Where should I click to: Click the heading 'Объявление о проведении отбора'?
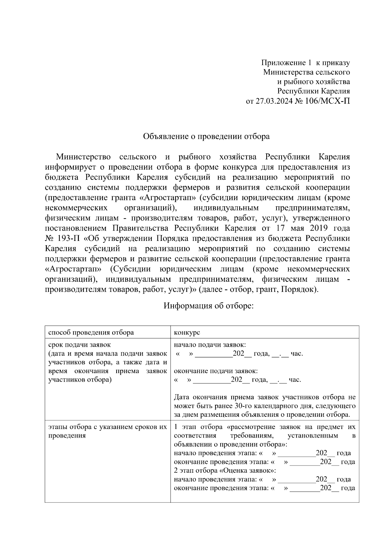[x=206, y=136]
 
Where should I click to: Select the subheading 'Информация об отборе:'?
[x=208, y=306]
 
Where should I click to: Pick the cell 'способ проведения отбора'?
[x=91, y=332]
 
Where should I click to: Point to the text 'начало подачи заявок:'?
[x=210, y=345]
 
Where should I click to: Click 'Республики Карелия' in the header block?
[x=313, y=91]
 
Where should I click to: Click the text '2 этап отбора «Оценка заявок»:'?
[x=225, y=470]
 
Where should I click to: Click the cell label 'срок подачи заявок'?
[x=79, y=345]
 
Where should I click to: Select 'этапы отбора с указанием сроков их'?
[x=107, y=427]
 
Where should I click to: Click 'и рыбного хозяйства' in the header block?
[x=313, y=82]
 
